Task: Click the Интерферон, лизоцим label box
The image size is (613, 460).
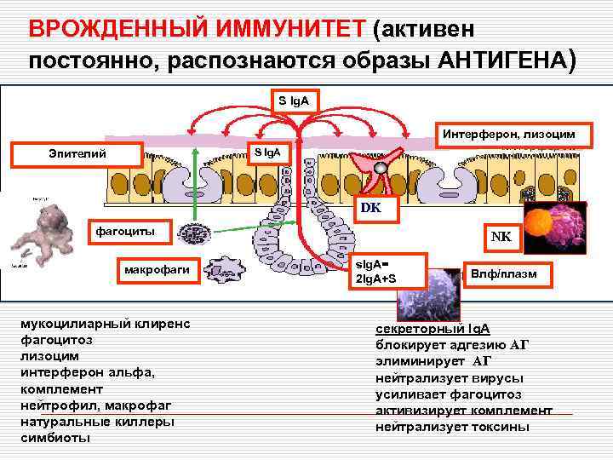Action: click(x=507, y=133)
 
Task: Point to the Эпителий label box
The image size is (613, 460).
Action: click(x=77, y=153)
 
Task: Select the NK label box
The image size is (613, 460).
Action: click(x=500, y=238)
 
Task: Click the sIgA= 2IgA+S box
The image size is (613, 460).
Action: click(x=385, y=272)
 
